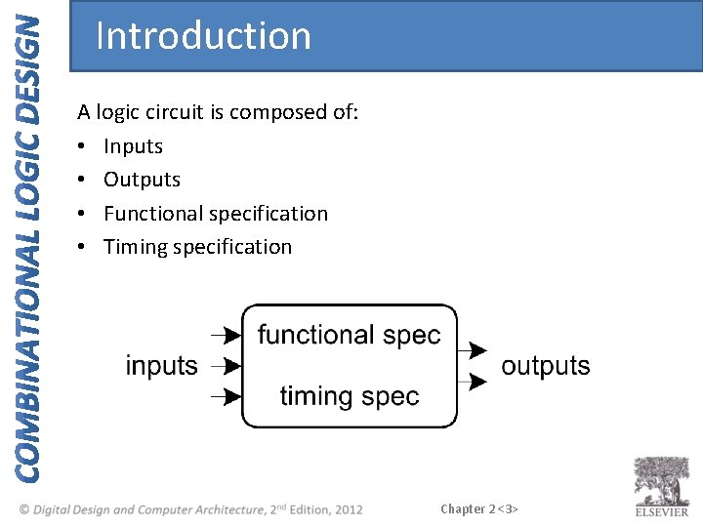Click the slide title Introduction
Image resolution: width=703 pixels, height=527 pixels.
click(x=203, y=36)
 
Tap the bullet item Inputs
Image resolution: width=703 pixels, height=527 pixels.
click(x=133, y=146)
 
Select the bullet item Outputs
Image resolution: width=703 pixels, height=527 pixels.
click(x=142, y=180)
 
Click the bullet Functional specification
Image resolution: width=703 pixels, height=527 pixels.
click(x=216, y=213)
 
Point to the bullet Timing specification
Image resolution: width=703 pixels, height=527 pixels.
click(x=197, y=247)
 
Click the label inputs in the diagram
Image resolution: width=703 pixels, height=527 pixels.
click(x=161, y=366)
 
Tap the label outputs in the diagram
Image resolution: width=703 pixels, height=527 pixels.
click(x=545, y=366)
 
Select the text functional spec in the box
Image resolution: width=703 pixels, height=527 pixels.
click(x=349, y=335)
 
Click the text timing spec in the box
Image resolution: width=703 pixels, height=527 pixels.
click(x=349, y=396)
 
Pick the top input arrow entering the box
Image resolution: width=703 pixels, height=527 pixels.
click(x=227, y=336)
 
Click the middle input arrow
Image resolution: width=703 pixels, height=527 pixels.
click(x=227, y=366)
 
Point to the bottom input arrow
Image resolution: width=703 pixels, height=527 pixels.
click(x=227, y=396)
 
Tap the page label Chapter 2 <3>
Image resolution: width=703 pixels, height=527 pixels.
click(x=478, y=508)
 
